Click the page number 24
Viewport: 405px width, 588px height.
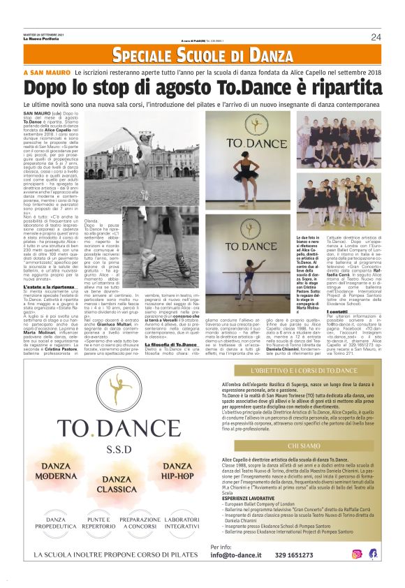pyautogui.click(x=376, y=37)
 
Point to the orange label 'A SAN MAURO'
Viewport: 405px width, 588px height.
pyautogui.click(x=46, y=73)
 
